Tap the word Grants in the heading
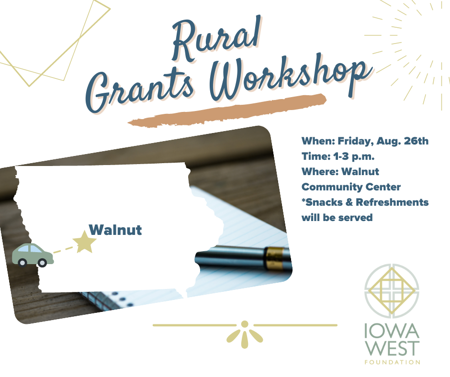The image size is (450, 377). (140, 89)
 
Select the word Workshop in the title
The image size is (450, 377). (290, 77)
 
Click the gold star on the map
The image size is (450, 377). (84, 242)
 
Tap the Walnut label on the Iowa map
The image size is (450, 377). (115, 230)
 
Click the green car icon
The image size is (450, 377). (33, 255)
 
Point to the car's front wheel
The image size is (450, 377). (42, 262)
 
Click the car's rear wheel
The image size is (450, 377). (22, 262)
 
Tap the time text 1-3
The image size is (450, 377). (341, 156)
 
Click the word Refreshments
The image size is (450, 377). (392, 202)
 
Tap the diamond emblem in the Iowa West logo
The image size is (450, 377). (392, 290)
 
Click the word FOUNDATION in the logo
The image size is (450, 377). (393, 362)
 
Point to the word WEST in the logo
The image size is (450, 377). (393, 348)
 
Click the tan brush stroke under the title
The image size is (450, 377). (227, 110)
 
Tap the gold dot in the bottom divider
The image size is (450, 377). (245, 324)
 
